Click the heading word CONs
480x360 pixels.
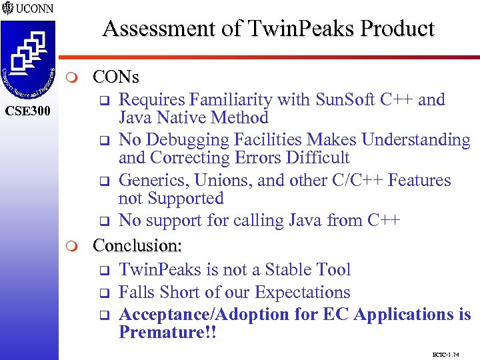point(116,77)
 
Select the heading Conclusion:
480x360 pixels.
point(137,245)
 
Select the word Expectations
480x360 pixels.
point(303,292)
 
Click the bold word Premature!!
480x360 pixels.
point(167,332)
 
